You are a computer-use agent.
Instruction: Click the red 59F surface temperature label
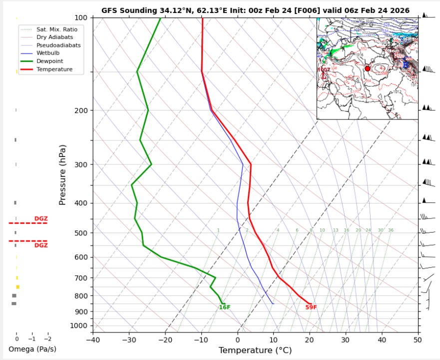pyautogui.click(x=311, y=307)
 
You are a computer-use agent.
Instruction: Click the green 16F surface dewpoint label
pyautogui.click(x=225, y=307)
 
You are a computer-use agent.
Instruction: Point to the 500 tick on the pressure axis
pyautogui.click(x=83, y=233)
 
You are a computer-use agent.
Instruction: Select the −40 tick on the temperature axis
pyautogui.click(x=93, y=340)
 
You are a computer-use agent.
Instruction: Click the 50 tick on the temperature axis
pyautogui.click(x=418, y=340)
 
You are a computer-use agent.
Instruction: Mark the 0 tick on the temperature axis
pyautogui.click(x=237, y=340)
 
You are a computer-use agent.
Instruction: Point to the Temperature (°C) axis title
pyautogui.click(x=255, y=350)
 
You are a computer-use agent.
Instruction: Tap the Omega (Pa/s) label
pyautogui.click(x=32, y=349)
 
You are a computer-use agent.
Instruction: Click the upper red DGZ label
pyautogui.click(x=41, y=218)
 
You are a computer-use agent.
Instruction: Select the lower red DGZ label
pyautogui.click(x=41, y=245)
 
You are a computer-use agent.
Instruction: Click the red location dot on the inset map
pyautogui.click(x=368, y=68)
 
